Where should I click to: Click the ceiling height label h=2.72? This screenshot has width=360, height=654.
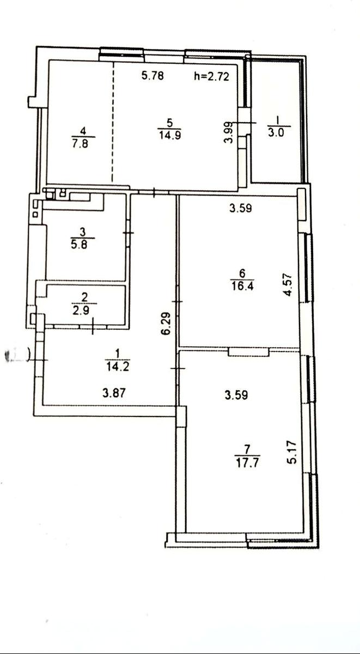(211, 76)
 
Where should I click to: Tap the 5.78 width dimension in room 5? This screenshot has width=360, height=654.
(152, 76)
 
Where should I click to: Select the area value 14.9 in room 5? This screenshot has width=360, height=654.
(170, 136)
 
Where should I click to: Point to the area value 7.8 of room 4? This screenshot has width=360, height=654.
(81, 144)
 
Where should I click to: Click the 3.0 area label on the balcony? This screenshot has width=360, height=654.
(276, 133)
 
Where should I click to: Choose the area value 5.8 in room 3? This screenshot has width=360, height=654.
(79, 244)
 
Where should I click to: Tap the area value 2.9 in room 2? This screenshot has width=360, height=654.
(81, 310)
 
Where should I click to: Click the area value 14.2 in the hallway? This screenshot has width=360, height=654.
(118, 367)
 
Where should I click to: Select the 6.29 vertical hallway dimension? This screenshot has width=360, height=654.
(166, 324)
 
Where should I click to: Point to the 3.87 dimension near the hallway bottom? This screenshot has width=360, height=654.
(114, 393)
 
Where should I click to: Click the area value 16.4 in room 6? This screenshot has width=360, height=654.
(242, 286)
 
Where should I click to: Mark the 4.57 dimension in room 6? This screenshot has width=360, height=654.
(288, 284)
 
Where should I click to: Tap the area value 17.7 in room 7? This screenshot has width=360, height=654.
(247, 463)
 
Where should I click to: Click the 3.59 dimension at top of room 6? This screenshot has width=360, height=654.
(241, 208)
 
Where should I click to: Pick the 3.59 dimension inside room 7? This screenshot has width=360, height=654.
(236, 395)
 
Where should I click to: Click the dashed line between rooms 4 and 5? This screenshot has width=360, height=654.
(113, 122)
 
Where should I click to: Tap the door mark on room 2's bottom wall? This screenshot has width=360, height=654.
(93, 326)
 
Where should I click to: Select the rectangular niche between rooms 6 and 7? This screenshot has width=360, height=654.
(248, 352)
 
